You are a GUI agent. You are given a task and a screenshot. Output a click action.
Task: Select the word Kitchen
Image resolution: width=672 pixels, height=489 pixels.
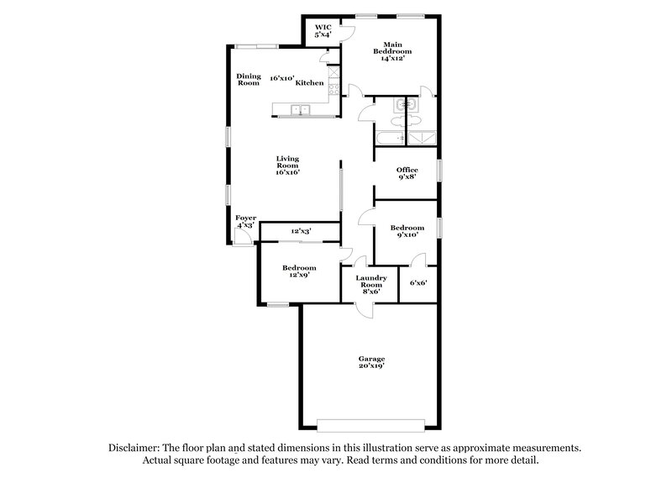coord(309,83)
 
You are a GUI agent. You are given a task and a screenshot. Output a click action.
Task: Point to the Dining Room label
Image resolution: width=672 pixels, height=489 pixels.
coord(248,79)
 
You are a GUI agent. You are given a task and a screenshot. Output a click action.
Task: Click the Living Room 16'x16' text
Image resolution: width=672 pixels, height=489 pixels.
coord(288,166)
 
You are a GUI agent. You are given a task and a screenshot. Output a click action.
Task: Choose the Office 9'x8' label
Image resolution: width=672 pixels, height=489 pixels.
coord(407,174)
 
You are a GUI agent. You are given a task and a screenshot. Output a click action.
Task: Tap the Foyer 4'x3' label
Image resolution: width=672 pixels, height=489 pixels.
coord(245,222)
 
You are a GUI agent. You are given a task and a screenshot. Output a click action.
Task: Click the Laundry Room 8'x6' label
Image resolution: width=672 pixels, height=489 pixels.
coord(370,284)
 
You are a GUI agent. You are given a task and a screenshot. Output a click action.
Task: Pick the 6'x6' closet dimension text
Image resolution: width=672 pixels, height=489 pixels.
coord(418,283)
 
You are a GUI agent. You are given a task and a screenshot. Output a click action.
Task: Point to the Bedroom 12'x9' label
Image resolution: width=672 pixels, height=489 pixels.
coord(299,271)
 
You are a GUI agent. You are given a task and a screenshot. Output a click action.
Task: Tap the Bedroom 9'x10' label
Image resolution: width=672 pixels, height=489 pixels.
coord(407,232)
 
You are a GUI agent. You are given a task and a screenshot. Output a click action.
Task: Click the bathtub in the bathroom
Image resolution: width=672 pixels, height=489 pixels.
coord(388,138)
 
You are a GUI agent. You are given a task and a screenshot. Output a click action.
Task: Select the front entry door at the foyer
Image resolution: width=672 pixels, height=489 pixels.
coord(242,239)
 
